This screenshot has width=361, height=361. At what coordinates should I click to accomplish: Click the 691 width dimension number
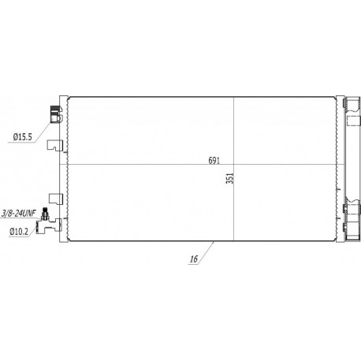tap(214, 161)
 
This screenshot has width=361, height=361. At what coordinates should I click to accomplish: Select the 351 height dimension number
tap(230, 178)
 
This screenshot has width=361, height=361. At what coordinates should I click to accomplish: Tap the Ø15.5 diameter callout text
tap(23, 137)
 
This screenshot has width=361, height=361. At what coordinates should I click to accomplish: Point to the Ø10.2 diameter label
tap(19, 232)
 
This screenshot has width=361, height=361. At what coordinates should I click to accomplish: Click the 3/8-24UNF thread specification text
tap(18, 214)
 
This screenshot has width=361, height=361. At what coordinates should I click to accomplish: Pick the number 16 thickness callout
tap(194, 259)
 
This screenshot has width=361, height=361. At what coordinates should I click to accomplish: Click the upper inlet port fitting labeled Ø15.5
tap(56, 114)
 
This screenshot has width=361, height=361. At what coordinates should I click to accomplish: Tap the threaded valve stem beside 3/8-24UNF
tap(45, 214)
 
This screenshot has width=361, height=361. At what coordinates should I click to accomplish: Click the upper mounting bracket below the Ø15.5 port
tap(55, 145)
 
